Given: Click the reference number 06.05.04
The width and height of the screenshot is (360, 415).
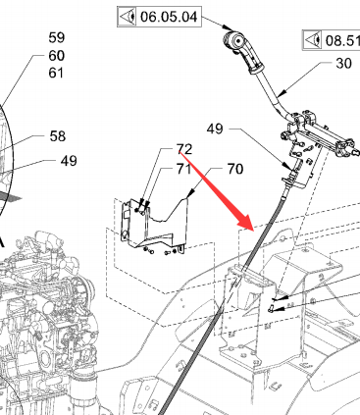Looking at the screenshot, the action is [x=169, y=17].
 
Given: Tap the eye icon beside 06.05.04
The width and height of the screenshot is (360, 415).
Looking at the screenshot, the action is [x=128, y=17].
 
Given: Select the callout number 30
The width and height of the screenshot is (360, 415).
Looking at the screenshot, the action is [x=343, y=63].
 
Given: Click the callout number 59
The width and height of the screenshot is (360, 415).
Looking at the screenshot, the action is [x=57, y=37].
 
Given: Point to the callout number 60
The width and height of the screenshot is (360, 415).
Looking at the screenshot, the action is [x=57, y=56].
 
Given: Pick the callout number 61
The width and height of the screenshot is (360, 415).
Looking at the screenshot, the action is [x=56, y=73].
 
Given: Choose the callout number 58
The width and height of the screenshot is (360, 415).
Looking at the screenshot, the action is [x=58, y=136].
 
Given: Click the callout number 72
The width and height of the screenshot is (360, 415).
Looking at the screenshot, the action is [x=184, y=149].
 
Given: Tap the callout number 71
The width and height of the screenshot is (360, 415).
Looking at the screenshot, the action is [x=183, y=169].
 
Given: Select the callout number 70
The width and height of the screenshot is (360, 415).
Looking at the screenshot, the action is [x=235, y=169].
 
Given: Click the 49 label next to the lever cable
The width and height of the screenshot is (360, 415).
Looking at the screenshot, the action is [x=215, y=130].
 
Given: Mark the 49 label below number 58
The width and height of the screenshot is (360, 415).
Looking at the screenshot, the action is [x=69, y=161].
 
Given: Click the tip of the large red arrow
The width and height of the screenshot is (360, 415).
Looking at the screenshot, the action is [x=254, y=230].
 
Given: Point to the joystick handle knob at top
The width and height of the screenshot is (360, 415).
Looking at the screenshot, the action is [x=234, y=40].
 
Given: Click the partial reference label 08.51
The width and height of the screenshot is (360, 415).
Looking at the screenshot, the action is [x=342, y=41].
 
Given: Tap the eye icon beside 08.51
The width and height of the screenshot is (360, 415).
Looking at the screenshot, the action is [x=312, y=40].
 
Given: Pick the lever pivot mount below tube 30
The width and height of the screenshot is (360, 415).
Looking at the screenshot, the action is [x=318, y=134].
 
